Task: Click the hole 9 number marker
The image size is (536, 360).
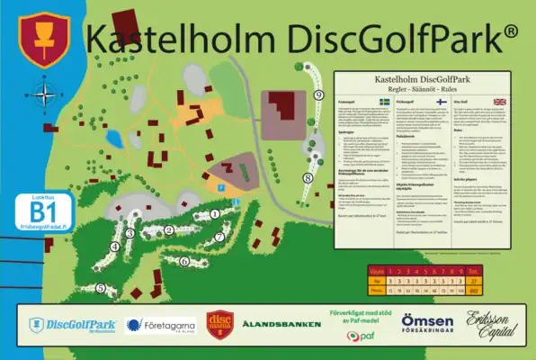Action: pos(318,94)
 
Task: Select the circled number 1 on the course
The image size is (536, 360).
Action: pos(215,213)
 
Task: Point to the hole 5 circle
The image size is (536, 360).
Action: pos(101,289)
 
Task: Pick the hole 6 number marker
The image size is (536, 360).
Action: pos(184,261)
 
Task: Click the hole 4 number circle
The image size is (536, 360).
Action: pos(114,246)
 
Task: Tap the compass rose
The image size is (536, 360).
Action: pos(43,93)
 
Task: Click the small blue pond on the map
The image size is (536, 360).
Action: pos(113,138)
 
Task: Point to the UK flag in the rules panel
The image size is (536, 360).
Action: pos(500,102)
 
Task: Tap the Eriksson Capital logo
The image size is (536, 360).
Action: pos(491,324)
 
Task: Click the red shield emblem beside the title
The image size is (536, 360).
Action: pos(40,40)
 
